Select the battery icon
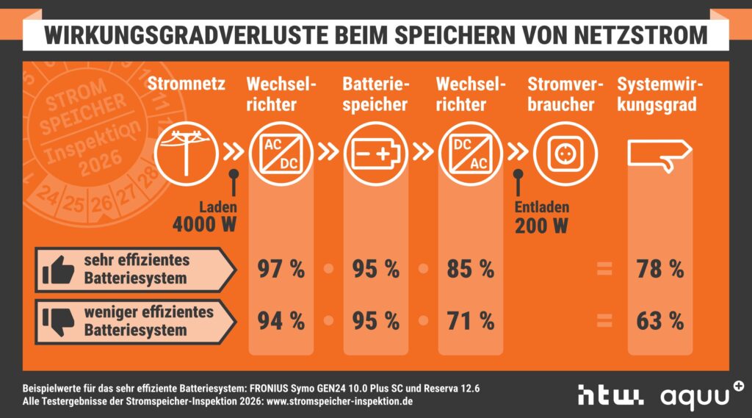(375, 154)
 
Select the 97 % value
(281, 270)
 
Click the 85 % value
(471, 270)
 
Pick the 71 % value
(471, 321)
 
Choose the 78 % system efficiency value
(659, 270)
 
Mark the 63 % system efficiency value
(659, 321)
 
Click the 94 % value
(281, 321)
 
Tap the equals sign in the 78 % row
(604, 270)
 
